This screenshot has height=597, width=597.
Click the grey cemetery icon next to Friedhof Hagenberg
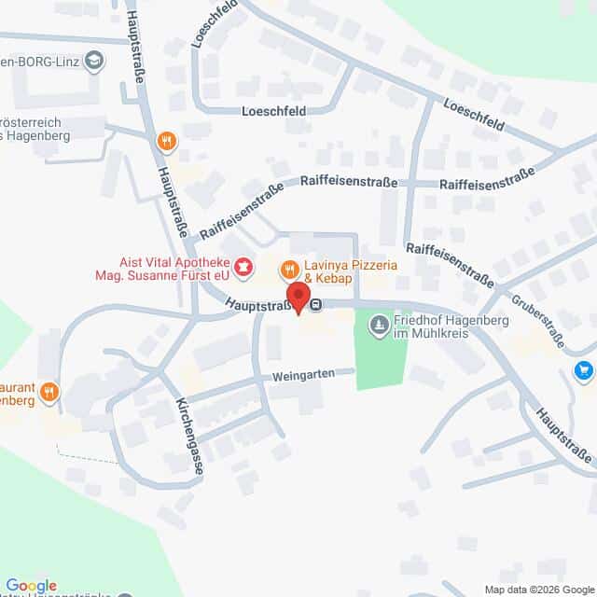point(379,325)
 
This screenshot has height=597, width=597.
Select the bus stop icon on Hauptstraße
point(317,304)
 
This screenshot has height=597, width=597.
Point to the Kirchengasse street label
point(189,437)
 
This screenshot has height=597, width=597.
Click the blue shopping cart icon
point(584,371)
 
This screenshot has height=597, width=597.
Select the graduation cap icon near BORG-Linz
point(93,62)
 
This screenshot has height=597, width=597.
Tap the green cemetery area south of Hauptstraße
point(381,364)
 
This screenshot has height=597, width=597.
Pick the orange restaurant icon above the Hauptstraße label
point(166,141)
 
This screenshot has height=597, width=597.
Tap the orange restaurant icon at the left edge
point(49,392)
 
